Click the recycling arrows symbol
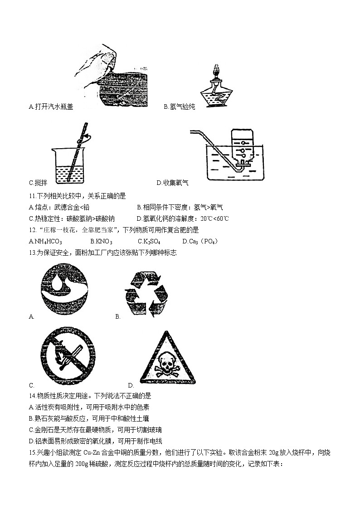[146, 294]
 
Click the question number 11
[31, 196]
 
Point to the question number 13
[31, 253]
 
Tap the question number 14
[31, 396]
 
